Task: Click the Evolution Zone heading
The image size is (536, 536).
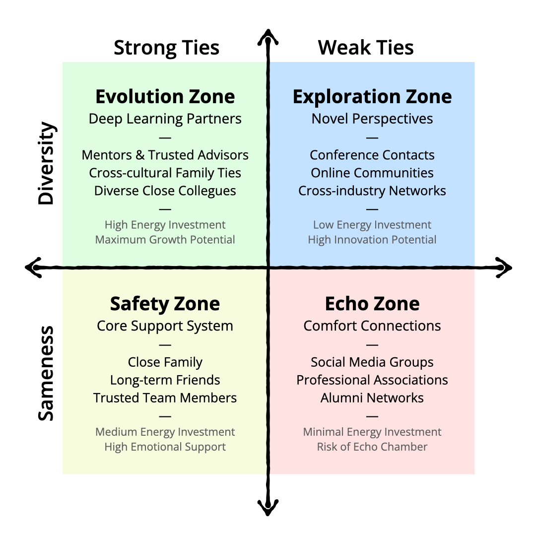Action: point(165,97)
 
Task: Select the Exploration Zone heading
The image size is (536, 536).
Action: point(372,97)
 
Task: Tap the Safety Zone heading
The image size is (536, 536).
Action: point(165,304)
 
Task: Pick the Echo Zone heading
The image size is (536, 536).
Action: point(372,304)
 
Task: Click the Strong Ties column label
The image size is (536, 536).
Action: point(166,48)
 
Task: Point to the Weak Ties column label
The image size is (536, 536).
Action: point(366,48)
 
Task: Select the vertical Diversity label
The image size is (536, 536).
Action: point(46,163)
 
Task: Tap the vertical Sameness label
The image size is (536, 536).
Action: point(46,373)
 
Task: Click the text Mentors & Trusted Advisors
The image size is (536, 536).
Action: point(165,155)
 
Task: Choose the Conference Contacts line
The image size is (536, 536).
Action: point(372,155)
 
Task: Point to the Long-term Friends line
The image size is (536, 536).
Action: point(165,380)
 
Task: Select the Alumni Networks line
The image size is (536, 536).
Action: point(372,398)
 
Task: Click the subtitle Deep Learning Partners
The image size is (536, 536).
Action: point(165,119)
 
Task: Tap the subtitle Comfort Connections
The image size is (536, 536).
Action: point(372,326)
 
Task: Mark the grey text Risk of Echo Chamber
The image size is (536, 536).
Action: point(372,447)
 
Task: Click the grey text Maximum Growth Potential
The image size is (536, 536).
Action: point(165,240)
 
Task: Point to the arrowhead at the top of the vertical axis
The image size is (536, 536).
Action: point(268,36)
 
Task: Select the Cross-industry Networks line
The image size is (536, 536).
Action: point(372,191)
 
